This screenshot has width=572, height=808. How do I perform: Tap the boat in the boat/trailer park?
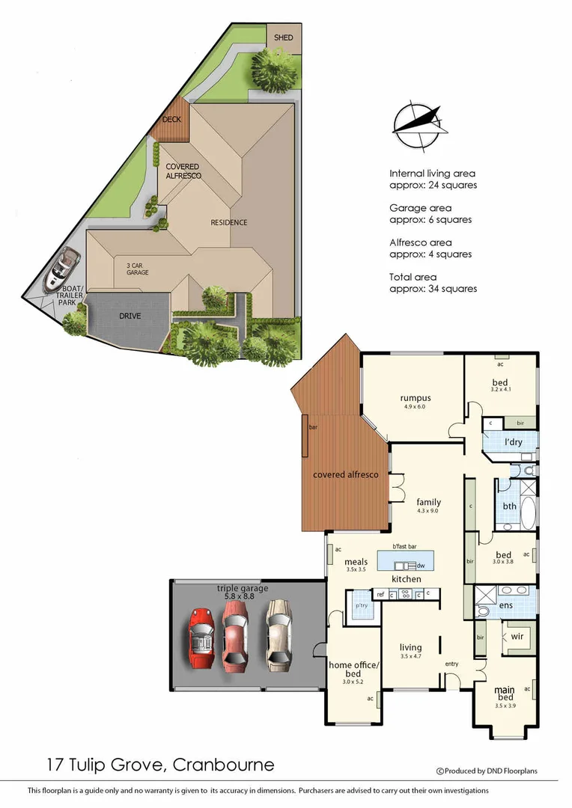tap(59, 271)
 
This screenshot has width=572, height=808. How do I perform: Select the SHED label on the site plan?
tap(283, 37)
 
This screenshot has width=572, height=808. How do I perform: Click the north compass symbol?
tap(419, 128)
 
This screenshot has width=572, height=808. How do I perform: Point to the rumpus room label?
tap(415, 398)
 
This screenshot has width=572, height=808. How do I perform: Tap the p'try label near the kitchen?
tap(361, 605)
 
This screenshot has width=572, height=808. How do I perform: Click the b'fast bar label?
tap(404, 547)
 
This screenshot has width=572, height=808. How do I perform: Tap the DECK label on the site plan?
tap(172, 119)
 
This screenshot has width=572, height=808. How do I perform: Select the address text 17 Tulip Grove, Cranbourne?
tap(158, 765)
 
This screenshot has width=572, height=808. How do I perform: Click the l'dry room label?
tap(514, 442)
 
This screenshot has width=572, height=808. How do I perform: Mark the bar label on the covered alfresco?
tap(312, 427)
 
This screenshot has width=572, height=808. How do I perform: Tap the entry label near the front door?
tap(451, 664)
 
